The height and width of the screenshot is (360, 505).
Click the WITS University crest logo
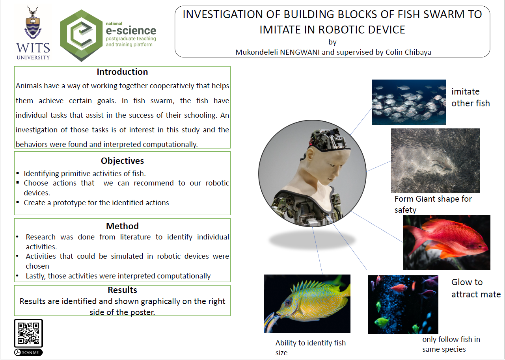33,33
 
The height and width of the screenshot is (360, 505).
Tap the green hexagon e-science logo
81,35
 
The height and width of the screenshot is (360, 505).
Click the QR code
28,333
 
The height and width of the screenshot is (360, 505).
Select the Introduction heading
123,72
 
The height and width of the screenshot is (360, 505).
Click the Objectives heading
123,161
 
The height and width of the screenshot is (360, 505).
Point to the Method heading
123,226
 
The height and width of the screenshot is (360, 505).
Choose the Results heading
123,290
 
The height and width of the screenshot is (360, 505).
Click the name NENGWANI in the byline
300,52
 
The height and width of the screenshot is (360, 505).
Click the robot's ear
310,156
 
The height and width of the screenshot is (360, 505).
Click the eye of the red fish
479,247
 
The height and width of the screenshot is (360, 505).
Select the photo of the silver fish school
409,102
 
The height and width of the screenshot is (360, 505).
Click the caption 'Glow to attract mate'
476,288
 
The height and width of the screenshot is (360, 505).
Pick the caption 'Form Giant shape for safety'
433,204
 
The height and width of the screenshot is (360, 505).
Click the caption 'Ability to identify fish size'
310,348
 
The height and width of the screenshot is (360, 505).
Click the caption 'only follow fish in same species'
451,344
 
